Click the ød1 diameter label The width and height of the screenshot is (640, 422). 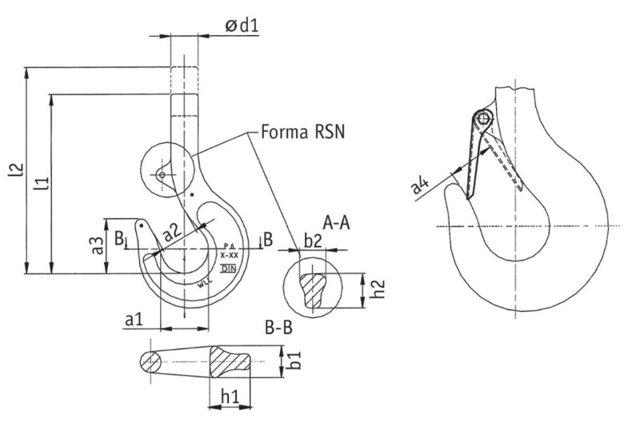point(241,26)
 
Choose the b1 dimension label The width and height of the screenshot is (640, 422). point(296,360)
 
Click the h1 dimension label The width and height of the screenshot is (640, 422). point(230,396)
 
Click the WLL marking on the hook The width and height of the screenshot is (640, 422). point(205,281)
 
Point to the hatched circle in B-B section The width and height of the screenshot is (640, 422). point(150,361)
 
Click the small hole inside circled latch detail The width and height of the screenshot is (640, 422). point(161,174)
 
